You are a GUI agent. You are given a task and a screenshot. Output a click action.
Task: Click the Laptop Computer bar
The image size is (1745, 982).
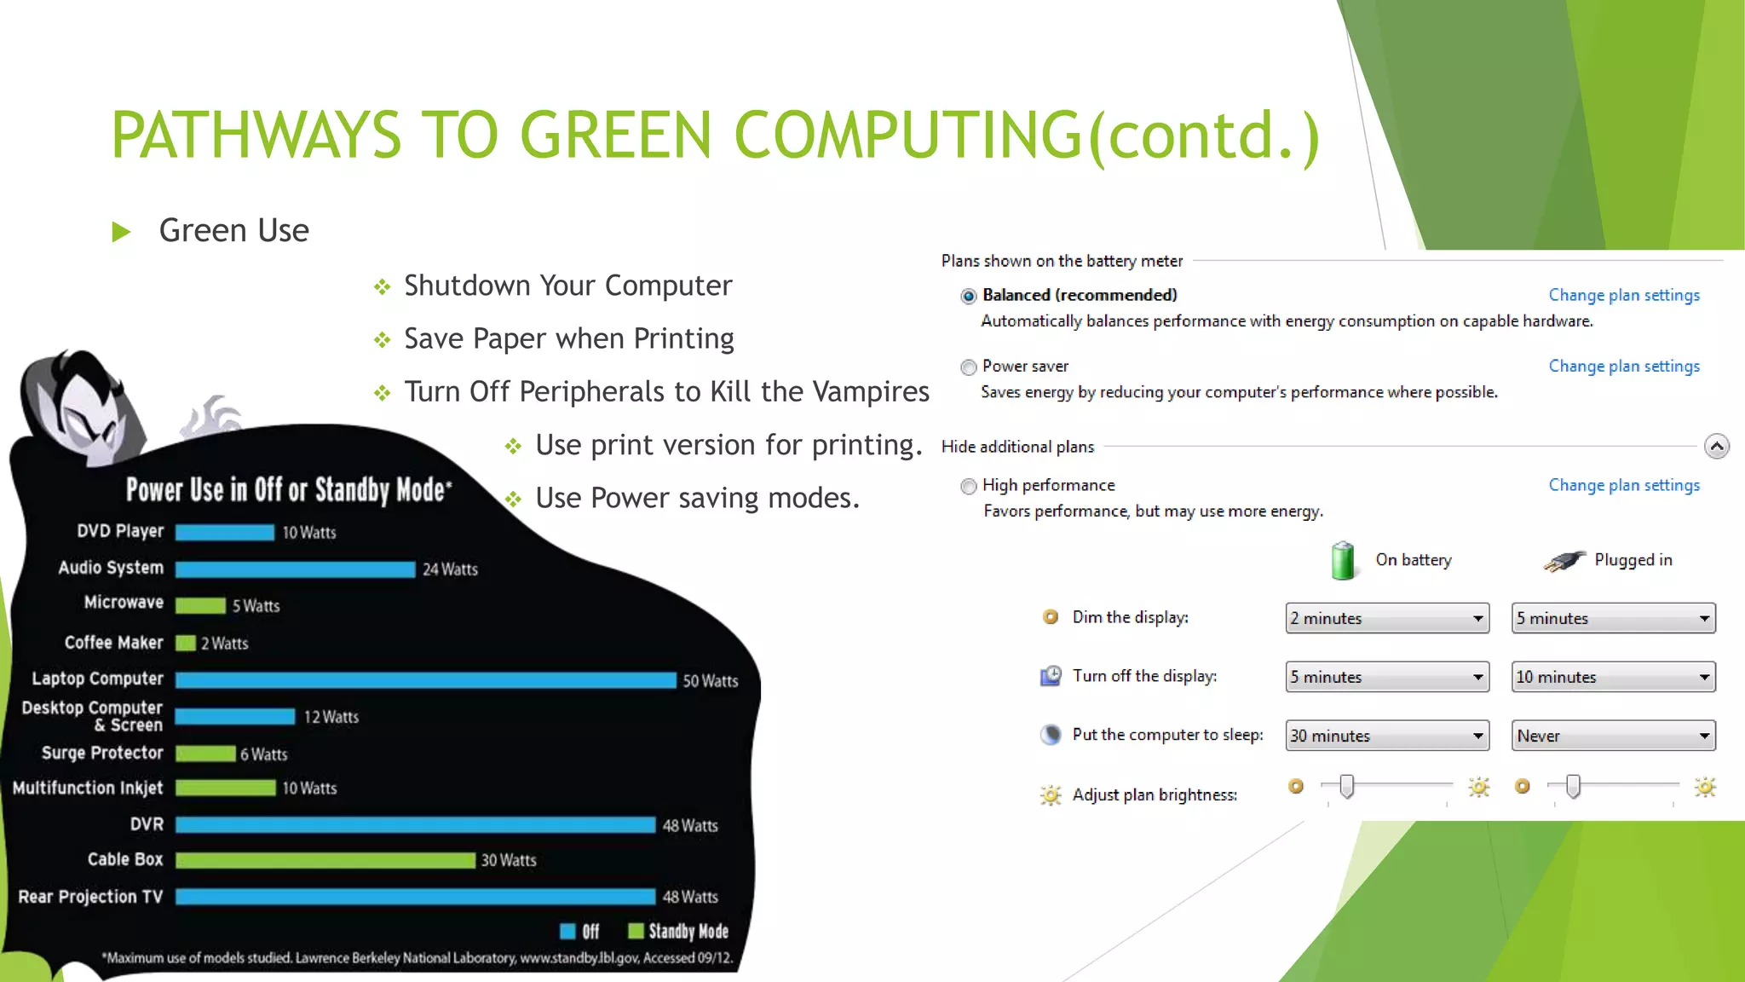(425, 679)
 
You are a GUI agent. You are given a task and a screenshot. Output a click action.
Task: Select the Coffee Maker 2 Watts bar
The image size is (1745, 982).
(186, 643)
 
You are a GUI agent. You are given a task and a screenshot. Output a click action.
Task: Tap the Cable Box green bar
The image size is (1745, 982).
(325, 860)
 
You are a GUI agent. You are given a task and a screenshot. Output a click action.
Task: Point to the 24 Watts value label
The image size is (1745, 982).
(450, 569)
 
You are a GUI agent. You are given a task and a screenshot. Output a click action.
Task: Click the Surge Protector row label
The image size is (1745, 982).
(102, 753)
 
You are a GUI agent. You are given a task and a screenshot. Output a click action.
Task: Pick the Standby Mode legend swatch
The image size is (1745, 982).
(636, 931)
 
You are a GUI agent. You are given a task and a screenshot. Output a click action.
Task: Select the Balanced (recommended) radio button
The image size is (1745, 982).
(968, 296)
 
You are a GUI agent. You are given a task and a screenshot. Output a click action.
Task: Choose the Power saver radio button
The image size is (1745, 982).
(968, 367)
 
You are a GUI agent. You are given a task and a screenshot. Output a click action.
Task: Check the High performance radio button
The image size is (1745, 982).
(968, 487)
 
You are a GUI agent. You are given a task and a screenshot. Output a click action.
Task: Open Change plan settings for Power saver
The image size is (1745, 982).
(1623, 366)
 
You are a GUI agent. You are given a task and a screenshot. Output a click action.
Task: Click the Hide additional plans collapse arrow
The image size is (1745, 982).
(1716, 446)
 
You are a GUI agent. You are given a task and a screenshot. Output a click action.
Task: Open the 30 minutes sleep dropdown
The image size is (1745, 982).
(1386, 736)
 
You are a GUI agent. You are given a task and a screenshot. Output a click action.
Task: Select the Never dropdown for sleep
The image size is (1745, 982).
(1612, 736)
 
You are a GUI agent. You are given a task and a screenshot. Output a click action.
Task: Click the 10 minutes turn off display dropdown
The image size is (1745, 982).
(1612, 677)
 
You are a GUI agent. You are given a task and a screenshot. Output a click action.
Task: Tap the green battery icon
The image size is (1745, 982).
(1343, 560)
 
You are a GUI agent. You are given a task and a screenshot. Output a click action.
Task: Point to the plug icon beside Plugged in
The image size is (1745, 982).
(1564, 560)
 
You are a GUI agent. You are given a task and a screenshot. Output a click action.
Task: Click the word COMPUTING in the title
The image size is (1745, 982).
(907, 135)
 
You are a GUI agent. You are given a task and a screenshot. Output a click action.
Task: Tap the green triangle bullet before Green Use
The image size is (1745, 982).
(122, 231)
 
